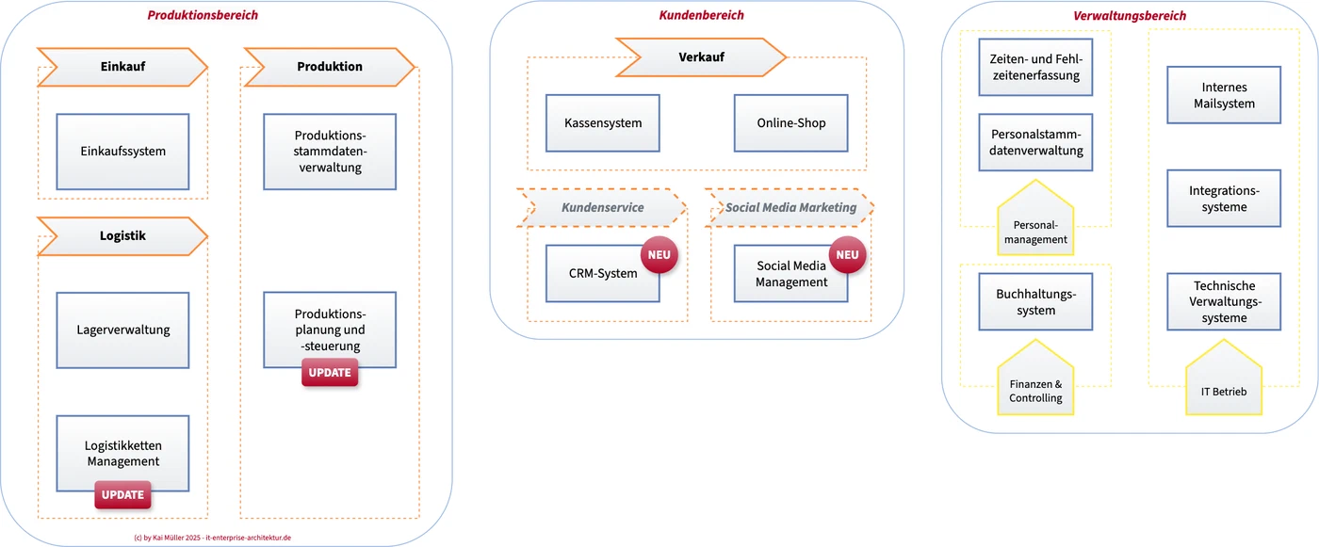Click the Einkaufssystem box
pyautogui.click(x=122, y=152)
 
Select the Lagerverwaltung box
pyautogui.click(x=122, y=330)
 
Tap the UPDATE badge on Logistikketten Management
pyautogui.click(x=122, y=494)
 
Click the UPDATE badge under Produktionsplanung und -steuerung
pyautogui.click(x=330, y=372)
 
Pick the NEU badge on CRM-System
pyautogui.click(x=659, y=255)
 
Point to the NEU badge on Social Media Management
pyautogui.click(x=847, y=255)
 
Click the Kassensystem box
pyautogui.click(x=602, y=123)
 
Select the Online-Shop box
pyautogui.click(x=790, y=123)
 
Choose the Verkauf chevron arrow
pyautogui.click(x=701, y=57)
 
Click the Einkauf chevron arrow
pyautogui.click(x=122, y=67)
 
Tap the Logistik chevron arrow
pyautogui.click(x=122, y=236)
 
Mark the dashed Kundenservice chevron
pyautogui.click(x=602, y=208)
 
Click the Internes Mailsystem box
pyautogui.click(x=1224, y=95)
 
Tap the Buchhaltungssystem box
pyautogui.click(x=1035, y=301)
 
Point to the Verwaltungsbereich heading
pyautogui.click(x=1130, y=16)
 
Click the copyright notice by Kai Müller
pyautogui.click(x=213, y=538)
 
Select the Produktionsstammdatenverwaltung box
pyautogui.click(x=330, y=152)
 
